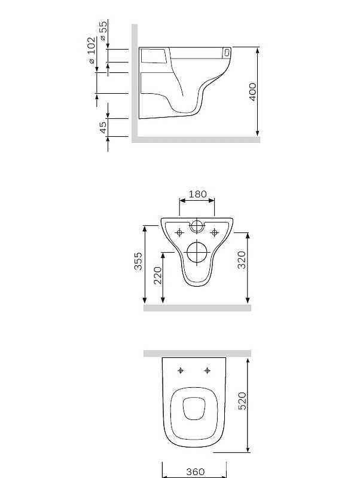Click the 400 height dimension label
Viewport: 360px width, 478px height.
click(x=252, y=91)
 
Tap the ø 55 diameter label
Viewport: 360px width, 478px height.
click(x=103, y=30)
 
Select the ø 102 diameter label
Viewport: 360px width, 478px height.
click(x=92, y=50)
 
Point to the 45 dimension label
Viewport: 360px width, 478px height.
click(x=103, y=127)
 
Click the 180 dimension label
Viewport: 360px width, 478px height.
click(x=197, y=194)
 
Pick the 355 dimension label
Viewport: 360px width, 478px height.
click(x=139, y=261)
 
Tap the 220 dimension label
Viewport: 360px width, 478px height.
click(x=157, y=275)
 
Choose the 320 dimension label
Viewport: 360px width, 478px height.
click(x=242, y=260)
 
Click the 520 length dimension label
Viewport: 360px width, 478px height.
click(x=242, y=401)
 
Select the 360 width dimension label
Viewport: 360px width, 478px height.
click(x=196, y=472)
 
